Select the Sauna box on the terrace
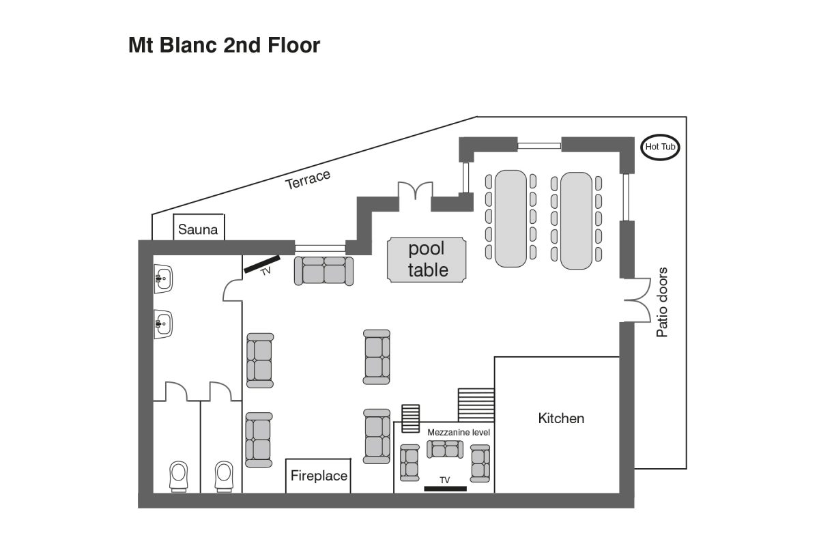tap(199, 229)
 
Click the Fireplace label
tap(319, 476)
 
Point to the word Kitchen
tap(561, 418)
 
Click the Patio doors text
tap(661, 302)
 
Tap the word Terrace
tap(308, 179)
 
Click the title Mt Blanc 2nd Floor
tap(224, 46)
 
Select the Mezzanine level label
tap(459, 433)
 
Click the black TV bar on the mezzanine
tap(445, 489)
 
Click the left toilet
tap(179, 475)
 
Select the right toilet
tap(225, 475)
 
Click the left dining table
tap(510, 218)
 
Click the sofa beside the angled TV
tap(324, 270)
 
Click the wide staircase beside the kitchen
tap(476, 405)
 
